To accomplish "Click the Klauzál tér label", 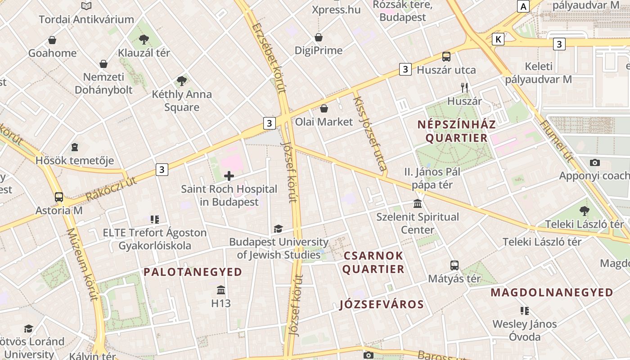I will tap(144, 53).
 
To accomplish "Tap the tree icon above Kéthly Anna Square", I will tap(182, 81).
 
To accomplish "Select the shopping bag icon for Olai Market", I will tap(324, 108).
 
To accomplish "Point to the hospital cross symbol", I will tap(229, 176).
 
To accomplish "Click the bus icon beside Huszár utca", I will tap(446, 57).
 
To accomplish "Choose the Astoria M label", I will tap(59, 210).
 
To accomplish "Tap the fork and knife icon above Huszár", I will tap(464, 88).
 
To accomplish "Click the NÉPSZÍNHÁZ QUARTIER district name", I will tap(457, 131).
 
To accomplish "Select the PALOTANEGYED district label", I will tap(193, 272).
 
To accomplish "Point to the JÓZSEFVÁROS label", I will tap(382, 305).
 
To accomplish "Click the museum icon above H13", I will tap(221, 289).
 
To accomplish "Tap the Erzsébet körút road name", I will tap(269, 57).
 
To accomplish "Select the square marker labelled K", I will tap(498, 39).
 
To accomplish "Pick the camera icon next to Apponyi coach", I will tap(595, 162).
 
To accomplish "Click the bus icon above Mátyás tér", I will tap(454, 265).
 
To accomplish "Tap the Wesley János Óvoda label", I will tap(524, 330).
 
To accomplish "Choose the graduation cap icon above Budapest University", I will tap(279, 229).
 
